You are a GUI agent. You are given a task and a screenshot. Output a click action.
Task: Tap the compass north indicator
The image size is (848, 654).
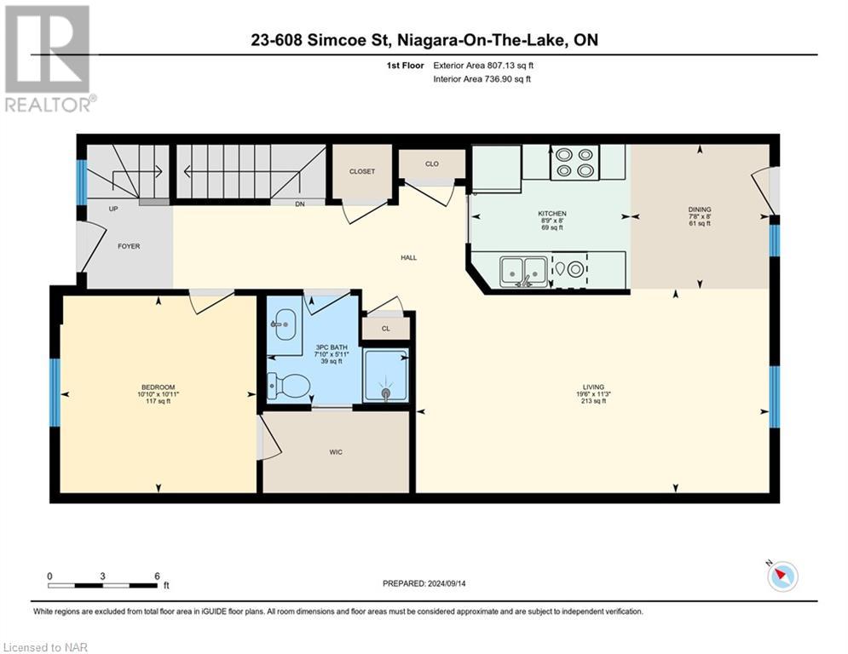click(781, 577)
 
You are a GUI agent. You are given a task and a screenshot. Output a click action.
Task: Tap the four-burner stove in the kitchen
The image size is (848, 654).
click(574, 162)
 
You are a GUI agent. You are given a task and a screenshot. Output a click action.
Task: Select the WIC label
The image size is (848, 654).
click(336, 452)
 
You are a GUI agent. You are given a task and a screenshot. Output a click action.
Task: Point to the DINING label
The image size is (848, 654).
click(700, 209)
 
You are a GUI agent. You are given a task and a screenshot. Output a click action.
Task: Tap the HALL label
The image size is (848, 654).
click(409, 257)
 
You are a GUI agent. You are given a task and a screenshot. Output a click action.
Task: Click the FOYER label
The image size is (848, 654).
click(128, 246)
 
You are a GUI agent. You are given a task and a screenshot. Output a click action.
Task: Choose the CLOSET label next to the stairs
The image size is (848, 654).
click(361, 171)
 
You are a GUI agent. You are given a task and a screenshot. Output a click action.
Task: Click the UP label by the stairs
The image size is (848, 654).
click(112, 209)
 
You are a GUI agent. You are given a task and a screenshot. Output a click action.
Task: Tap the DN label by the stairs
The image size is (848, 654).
click(298, 204)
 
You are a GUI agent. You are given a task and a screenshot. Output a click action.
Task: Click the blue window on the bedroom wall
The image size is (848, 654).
click(55, 392)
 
